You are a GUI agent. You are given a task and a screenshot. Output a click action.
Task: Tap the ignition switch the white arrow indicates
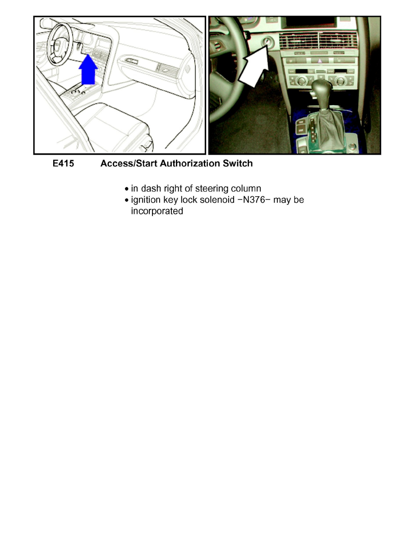[267, 44]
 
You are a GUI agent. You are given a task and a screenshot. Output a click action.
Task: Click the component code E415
[64, 164]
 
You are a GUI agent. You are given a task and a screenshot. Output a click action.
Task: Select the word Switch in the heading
[238, 164]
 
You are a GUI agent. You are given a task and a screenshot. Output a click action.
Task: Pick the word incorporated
[157, 211]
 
